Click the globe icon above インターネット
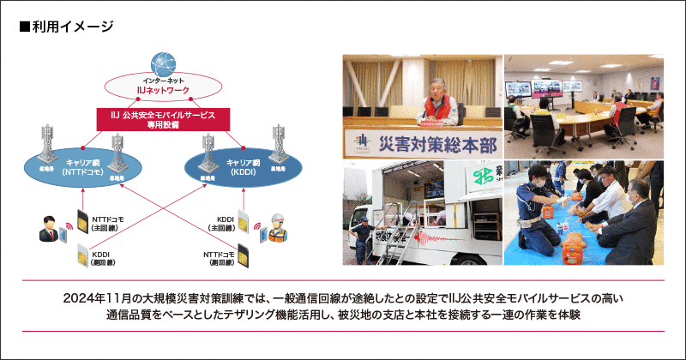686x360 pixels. point(162,63)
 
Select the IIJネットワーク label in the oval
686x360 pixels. point(162,88)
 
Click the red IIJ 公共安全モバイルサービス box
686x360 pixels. point(162,119)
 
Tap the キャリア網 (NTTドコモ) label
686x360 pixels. point(84,166)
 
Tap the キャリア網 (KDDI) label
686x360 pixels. point(244,166)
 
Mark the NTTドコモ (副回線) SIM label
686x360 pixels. point(220,259)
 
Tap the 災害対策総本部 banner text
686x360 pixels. point(428,140)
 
